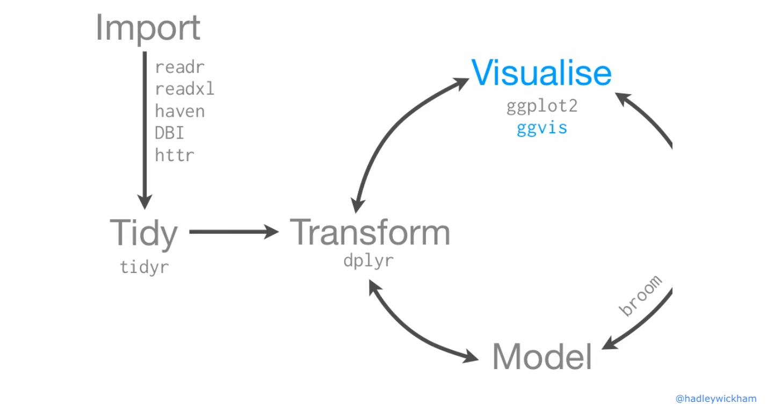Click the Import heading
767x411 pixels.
click(x=148, y=28)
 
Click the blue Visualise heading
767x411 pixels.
click(x=541, y=73)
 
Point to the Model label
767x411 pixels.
click(x=542, y=357)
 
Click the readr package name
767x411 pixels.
click(x=180, y=67)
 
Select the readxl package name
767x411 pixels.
click(x=185, y=89)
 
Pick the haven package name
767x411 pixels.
click(x=180, y=111)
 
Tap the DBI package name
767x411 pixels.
click(x=170, y=133)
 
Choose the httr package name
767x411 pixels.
click(x=175, y=155)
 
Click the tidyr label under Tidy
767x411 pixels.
click(x=144, y=267)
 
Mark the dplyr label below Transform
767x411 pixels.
click(x=368, y=261)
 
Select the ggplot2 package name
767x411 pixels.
click(x=542, y=106)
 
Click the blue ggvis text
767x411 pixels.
click(x=542, y=128)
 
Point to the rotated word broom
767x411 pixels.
click(x=641, y=295)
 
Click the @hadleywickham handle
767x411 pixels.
click(x=715, y=399)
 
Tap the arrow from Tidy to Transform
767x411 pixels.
click(x=234, y=232)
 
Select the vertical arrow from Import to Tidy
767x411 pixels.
click(x=145, y=130)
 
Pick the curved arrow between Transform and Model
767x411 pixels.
click(x=411, y=334)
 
